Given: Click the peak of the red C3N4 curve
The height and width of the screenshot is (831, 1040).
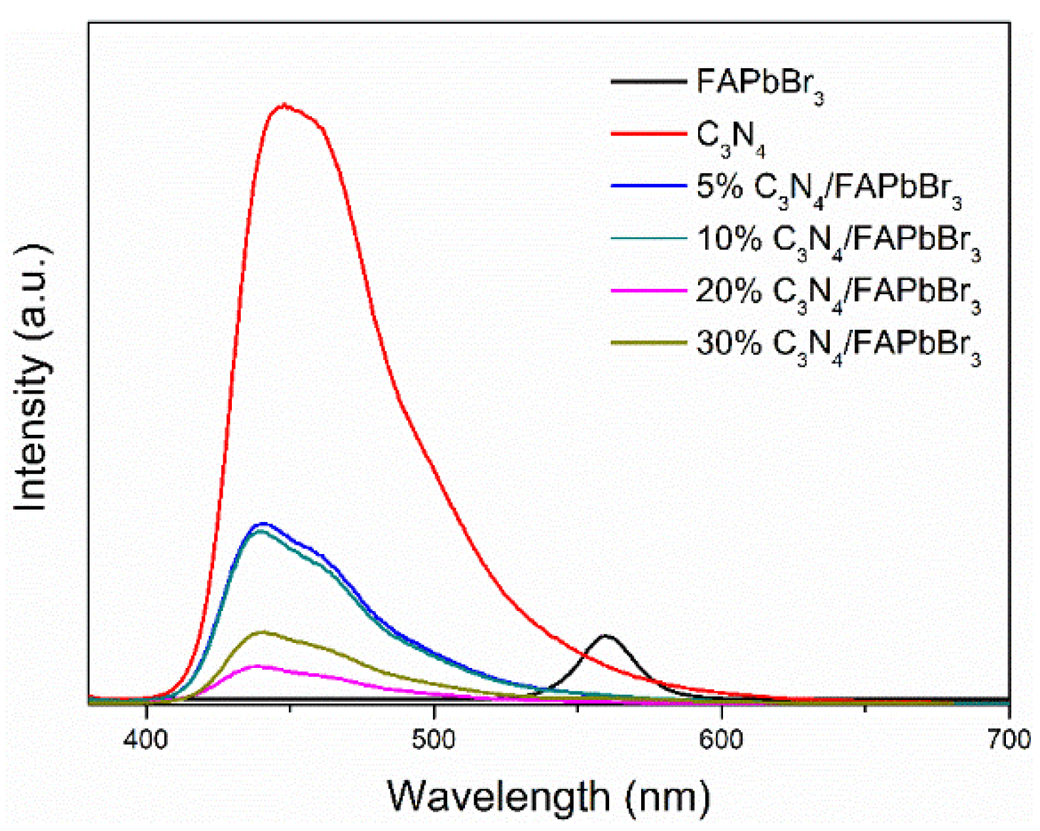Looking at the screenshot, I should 284,105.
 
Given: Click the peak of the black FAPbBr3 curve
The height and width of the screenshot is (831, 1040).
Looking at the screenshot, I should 606,635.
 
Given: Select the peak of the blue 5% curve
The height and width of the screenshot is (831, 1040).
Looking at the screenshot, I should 263,523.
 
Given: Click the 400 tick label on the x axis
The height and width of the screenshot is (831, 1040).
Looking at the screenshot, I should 147,739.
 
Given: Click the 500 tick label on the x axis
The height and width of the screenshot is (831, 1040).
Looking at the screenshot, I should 434,739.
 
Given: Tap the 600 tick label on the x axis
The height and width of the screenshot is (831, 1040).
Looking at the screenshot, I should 721,739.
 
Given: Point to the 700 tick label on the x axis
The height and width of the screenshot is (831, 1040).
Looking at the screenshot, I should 1009,739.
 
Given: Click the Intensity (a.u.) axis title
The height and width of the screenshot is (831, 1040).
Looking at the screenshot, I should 31,378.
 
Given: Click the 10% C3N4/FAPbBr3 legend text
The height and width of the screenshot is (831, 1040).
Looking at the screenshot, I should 838,241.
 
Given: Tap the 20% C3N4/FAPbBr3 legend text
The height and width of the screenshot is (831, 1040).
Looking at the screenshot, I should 838,293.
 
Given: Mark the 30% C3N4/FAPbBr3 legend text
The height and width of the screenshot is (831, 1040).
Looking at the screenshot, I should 838,344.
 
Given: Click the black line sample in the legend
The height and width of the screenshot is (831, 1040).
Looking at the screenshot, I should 648,81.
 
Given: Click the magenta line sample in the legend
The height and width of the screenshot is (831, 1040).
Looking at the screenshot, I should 648,289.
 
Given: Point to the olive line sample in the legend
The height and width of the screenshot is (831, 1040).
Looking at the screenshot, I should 648,342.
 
